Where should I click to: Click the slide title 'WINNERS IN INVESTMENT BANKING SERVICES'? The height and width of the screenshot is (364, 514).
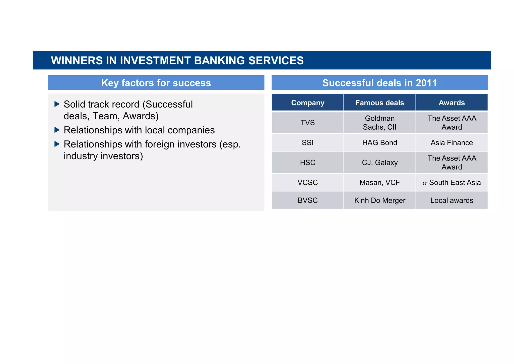coord(177,61)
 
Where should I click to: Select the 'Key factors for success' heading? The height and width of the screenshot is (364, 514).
coord(156,83)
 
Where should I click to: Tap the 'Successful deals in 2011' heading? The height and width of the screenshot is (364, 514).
coord(379,83)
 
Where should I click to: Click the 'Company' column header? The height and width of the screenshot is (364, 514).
coord(307,103)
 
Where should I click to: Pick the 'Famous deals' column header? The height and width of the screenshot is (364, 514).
coord(379,103)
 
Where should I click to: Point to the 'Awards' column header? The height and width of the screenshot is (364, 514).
coord(452,103)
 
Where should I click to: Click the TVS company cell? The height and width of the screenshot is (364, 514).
coord(307,123)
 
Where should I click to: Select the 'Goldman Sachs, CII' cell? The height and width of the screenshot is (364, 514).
coord(379,123)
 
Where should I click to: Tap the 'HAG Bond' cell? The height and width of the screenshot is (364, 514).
coord(379,143)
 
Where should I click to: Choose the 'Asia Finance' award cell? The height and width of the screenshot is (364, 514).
coord(452,143)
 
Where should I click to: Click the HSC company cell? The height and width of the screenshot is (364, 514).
coord(307,163)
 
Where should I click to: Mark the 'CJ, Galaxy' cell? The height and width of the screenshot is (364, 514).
coord(379,163)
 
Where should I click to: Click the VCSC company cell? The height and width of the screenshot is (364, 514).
coord(307,182)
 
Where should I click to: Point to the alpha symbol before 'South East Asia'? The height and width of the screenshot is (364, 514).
coord(425,183)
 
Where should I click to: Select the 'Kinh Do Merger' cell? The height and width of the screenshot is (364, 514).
coord(379,200)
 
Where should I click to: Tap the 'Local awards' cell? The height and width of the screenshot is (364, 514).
coord(452,200)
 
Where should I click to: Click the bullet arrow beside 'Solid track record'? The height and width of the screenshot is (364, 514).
coord(57,104)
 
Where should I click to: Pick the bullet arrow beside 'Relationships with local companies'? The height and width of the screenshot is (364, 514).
coord(57,130)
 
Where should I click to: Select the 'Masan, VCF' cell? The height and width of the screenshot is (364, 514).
coord(379,182)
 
